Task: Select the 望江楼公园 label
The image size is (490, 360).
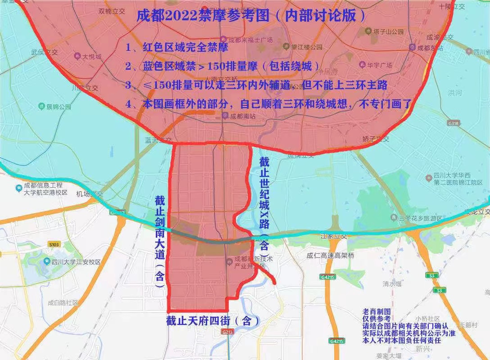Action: [306, 46]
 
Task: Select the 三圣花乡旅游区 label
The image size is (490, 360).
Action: [417, 218]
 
